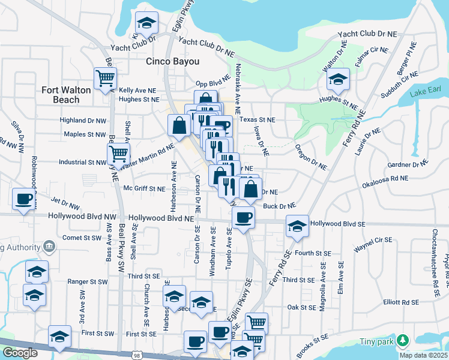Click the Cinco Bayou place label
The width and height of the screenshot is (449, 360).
(x=173, y=61)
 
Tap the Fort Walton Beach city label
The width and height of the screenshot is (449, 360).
(x=66, y=95)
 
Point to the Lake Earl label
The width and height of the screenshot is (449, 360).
(x=426, y=94)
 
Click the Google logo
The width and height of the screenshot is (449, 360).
(x=20, y=353)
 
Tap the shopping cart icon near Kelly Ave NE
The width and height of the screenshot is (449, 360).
(x=105, y=78)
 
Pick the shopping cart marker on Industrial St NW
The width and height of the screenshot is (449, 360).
(x=118, y=154)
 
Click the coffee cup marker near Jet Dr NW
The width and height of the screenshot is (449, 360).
(x=23, y=199)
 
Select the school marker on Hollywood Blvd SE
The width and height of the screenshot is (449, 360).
(x=297, y=226)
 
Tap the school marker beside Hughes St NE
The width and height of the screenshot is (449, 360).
(x=338, y=80)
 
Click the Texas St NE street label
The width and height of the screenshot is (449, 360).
(x=257, y=120)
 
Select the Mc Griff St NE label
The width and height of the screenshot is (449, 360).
(x=144, y=188)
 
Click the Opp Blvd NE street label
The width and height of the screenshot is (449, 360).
(x=213, y=85)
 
